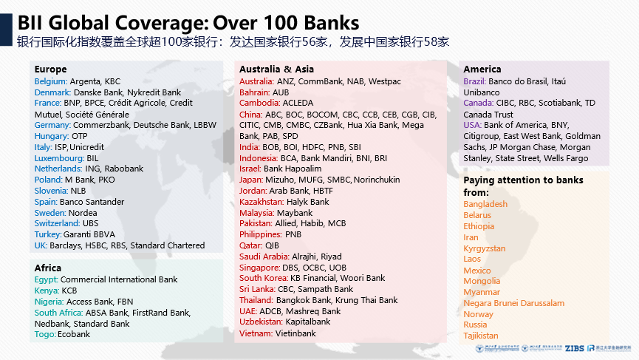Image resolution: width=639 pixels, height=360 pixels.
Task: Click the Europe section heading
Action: pyautogui.click(x=50, y=69)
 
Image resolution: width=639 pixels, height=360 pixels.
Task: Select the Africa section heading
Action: pyautogui.click(x=48, y=268)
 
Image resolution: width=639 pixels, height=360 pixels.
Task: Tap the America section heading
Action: pyautogui.click(x=482, y=69)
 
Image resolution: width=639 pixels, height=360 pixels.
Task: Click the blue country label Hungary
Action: pyautogui.click(x=52, y=136)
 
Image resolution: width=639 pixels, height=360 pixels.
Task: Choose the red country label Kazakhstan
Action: pyautogui.click(x=262, y=202)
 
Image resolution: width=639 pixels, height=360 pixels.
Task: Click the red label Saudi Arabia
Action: pyautogui.click(x=264, y=257)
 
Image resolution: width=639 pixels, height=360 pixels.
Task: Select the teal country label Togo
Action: pyautogui.click(x=45, y=334)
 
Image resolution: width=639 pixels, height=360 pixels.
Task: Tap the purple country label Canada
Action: pyautogui.click(x=479, y=103)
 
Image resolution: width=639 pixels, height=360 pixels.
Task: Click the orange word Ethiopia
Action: pyautogui.click(x=479, y=226)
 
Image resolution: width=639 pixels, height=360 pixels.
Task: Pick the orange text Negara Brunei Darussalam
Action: pyautogui.click(x=514, y=303)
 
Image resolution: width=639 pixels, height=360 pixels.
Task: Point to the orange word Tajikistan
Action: pyautogui.click(x=481, y=336)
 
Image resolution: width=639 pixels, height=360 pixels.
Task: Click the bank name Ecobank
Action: pyautogui.click(x=74, y=334)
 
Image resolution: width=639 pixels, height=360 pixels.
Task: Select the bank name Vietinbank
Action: pyautogui.click(x=295, y=333)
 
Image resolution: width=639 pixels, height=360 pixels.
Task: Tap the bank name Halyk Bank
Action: pyautogui.click(x=308, y=202)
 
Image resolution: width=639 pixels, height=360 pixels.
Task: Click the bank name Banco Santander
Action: pyautogui.click(x=92, y=202)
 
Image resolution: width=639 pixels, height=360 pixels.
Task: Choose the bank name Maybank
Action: pyautogui.click(x=295, y=213)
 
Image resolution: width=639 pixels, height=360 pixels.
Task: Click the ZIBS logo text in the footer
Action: pyautogui.click(x=574, y=348)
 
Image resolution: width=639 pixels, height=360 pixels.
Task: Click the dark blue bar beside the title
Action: pyautogui.click(x=6, y=30)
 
